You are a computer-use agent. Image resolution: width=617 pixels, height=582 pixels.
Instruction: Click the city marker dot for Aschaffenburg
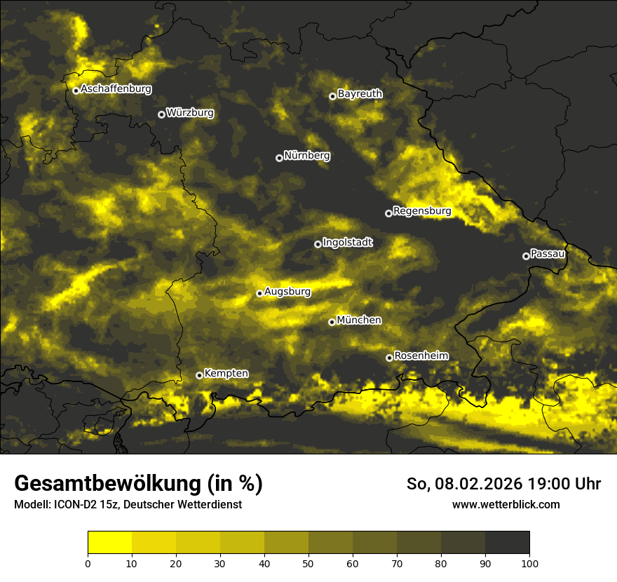tap(76, 90)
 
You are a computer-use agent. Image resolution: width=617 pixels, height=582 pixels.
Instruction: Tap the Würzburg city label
tap(190, 113)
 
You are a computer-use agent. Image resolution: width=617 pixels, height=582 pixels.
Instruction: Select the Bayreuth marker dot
tap(332, 96)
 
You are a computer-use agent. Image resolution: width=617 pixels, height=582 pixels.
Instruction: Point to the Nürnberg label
tap(307, 156)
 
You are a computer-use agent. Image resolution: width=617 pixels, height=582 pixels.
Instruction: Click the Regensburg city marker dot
tap(388, 213)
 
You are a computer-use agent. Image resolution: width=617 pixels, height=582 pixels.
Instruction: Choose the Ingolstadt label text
tap(348, 243)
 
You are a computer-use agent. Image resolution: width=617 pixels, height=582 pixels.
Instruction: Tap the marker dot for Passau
tap(526, 256)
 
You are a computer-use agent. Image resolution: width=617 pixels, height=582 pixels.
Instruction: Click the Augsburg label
tap(287, 292)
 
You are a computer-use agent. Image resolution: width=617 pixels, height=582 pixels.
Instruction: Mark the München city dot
tap(332, 323)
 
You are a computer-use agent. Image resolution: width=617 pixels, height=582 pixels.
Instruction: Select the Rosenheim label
tap(421, 356)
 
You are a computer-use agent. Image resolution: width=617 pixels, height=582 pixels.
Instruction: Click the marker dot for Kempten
tap(199, 376)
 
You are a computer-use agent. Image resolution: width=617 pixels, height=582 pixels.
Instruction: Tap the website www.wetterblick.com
tap(506, 504)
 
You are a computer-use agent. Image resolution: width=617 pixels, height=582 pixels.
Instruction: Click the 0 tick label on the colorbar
tap(88, 563)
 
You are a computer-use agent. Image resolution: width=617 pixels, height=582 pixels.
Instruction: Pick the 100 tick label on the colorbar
tap(529, 563)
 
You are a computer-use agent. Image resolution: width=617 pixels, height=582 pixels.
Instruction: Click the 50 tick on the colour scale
tap(308, 563)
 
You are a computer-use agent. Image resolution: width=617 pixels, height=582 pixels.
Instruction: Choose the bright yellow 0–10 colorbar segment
tap(109, 543)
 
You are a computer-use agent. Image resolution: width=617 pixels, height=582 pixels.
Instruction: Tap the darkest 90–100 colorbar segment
tap(507, 543)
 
